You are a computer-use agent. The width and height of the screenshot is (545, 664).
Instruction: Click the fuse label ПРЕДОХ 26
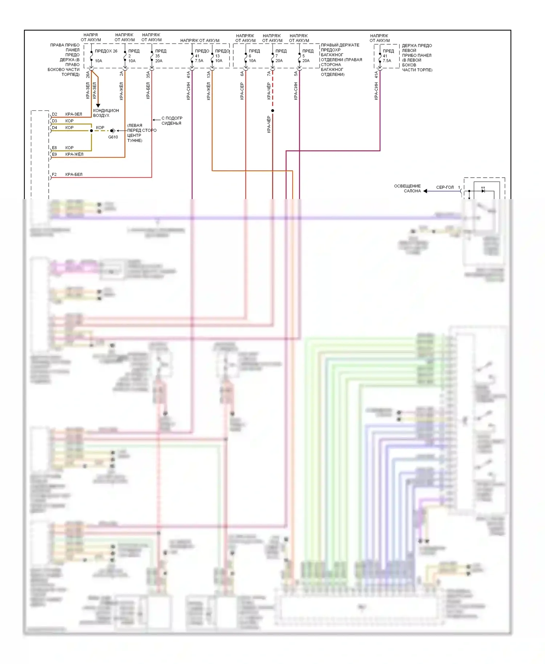(106, 51)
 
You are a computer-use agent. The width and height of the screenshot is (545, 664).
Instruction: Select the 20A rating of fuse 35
(159, 61)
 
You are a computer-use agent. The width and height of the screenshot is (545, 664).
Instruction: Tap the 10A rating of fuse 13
(219, 61)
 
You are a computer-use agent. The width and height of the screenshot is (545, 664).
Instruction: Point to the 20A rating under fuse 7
(279, 61)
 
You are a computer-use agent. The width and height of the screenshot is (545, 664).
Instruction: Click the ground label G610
(113, 137)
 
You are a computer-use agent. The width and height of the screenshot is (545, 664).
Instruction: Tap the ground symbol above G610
(113, 130)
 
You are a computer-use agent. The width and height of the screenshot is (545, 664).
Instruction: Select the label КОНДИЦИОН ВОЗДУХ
(106, 113)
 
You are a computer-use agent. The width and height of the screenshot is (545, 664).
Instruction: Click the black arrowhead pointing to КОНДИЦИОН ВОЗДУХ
(98, 105)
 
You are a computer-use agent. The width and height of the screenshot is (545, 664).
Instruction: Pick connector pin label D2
(54, 114)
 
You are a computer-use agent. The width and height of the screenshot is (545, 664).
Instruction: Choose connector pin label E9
(54, 154)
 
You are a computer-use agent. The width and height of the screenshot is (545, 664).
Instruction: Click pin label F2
(54, 174)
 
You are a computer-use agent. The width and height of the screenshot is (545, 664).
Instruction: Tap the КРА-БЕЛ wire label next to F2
(74, 174)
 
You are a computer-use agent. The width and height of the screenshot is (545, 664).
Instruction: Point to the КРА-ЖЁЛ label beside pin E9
(74, 154)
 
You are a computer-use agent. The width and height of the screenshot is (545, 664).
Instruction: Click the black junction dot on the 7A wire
(272, 110)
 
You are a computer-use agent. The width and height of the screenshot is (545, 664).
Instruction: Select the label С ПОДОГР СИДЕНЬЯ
(171, 121)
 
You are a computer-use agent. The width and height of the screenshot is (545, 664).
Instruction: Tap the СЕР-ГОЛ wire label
(445, 187)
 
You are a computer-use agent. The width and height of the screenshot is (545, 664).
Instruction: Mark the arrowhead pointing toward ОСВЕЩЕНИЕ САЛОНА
(425, 191)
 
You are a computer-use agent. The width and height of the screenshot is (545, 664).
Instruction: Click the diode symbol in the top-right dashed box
(483, 191)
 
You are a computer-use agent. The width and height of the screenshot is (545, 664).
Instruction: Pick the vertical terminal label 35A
(148, 74)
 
